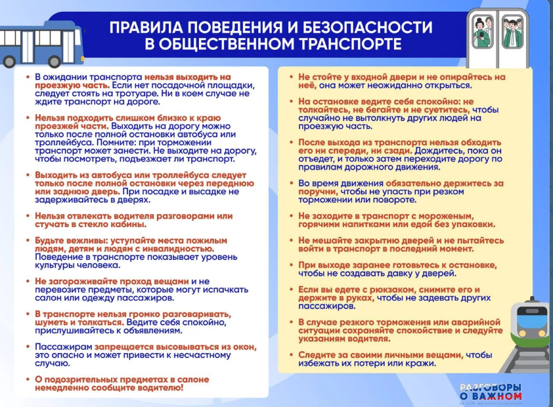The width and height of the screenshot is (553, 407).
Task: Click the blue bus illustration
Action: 41,44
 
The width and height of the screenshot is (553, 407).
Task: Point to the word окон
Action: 244,346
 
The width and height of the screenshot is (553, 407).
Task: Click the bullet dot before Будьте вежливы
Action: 28,240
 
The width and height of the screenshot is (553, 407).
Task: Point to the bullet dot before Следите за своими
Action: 291,355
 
